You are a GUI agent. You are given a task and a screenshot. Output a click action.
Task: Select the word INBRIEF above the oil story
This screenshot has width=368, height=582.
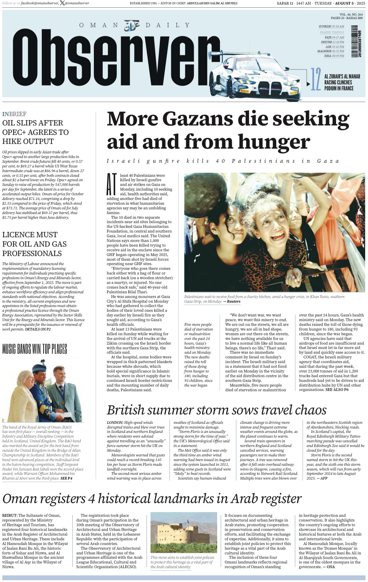(14, 114)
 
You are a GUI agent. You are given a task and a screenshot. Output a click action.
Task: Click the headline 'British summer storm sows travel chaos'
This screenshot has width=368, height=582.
(217, 410)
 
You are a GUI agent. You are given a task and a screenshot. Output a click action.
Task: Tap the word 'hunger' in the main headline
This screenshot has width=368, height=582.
(274, 142)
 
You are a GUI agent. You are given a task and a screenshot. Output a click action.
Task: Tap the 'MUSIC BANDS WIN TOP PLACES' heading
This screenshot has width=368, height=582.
(35, 349)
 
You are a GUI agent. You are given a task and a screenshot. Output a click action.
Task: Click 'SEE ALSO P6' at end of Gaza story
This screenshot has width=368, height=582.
(337, 390)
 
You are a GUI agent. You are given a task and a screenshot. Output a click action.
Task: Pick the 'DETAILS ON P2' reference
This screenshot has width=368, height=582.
(38, 329)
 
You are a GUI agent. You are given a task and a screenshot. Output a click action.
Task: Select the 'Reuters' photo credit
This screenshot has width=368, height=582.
(234, 301)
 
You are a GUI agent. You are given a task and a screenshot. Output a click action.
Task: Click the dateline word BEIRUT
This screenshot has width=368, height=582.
(10, 515)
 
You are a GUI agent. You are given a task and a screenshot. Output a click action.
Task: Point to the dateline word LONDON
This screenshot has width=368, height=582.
(115, 423)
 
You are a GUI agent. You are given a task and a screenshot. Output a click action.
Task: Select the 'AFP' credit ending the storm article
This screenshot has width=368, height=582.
(324, 478)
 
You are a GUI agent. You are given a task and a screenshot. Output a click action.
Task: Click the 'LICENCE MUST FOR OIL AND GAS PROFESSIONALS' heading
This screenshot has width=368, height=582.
(34, 244)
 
